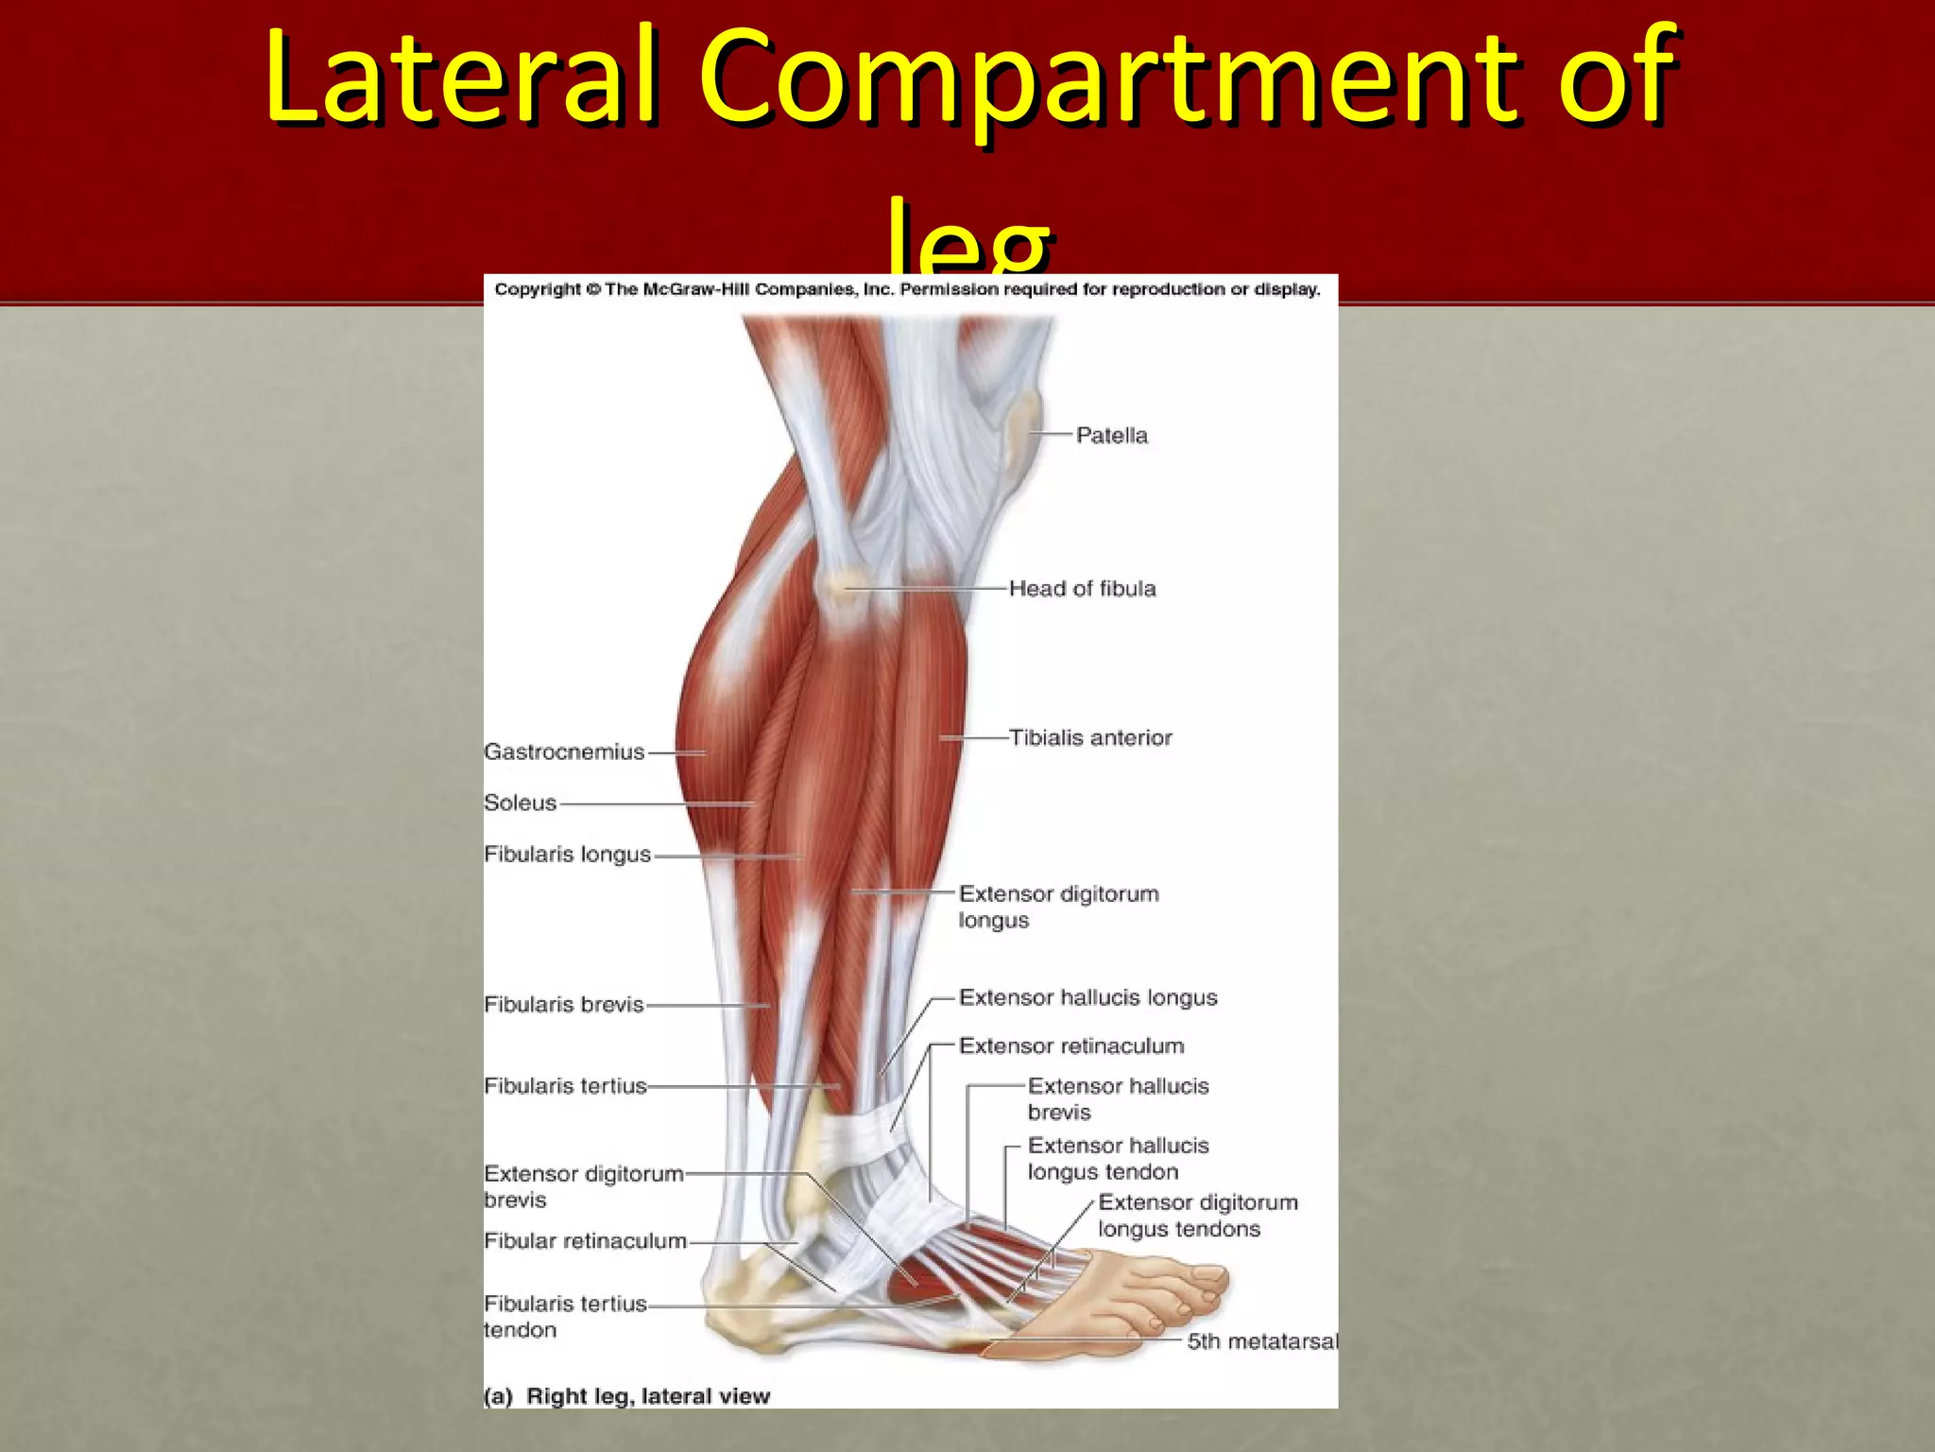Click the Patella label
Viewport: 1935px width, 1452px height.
click(1111, 436)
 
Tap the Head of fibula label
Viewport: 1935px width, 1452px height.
click(1082, 589)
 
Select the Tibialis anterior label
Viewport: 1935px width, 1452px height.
click(1089, 738)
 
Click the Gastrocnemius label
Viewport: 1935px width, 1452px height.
click(564, 752)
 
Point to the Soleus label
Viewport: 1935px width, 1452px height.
click(520, 804)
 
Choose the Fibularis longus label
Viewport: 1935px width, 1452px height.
click(567, 855)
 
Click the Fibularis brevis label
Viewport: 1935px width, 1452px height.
click(563, 1005)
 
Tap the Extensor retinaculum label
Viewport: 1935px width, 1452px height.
click(1070, 1046)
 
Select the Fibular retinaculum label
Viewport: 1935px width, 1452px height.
click(585, 1241)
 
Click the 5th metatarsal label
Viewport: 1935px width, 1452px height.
click(1261, 1341)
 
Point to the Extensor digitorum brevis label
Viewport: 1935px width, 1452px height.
click(583, 1186)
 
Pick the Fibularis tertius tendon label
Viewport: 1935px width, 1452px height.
click(565, 1317)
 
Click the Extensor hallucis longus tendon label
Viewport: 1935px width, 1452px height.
click(1118, 1159)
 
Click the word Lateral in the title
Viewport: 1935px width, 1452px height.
click(459, 78)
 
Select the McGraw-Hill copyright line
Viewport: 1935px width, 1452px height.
click(907, 289)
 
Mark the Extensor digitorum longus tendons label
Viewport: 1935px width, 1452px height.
click(1197, 1216)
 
